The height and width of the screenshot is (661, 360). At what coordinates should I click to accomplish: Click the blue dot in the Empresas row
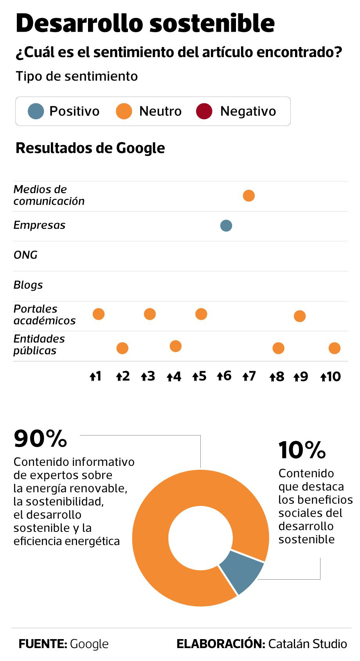[226, 226]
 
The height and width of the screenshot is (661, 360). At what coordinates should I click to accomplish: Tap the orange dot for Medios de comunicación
[249, 196]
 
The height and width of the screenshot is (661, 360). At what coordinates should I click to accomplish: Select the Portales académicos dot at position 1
[99, 314]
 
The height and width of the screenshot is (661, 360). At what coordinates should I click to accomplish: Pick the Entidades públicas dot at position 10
[335, 348]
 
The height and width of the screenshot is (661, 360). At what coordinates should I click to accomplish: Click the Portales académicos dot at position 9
[300, 316]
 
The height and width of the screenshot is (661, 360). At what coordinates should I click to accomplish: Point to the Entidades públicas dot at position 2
[122, 348]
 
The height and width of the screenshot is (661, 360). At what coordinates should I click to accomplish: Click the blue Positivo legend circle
[36, 111]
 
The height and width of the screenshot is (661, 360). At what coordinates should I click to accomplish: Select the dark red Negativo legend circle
[204, 111]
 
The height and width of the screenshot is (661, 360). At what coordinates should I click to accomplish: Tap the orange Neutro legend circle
[124, 111]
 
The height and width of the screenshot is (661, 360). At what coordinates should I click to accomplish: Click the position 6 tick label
[224, 376]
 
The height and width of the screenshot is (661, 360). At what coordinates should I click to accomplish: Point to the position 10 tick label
[331, 377]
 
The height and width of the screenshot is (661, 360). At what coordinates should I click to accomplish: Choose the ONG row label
[25, 255]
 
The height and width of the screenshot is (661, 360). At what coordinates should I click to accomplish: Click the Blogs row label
[28, 285]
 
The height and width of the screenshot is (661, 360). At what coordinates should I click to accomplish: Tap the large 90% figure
[40, 438]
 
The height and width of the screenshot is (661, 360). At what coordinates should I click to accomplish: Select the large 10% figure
[302, 450]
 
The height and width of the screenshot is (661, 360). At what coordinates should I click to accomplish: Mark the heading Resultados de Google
[90, 148]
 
